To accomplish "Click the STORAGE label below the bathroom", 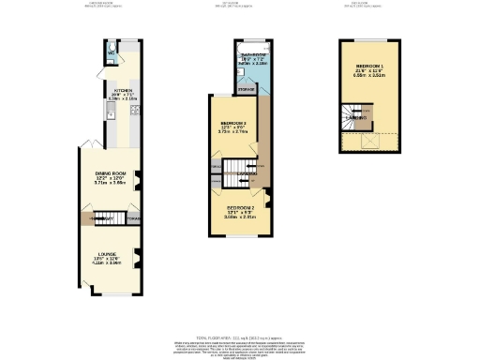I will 246,90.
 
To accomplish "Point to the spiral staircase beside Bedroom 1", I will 353,116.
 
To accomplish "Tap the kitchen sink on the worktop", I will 110,113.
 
